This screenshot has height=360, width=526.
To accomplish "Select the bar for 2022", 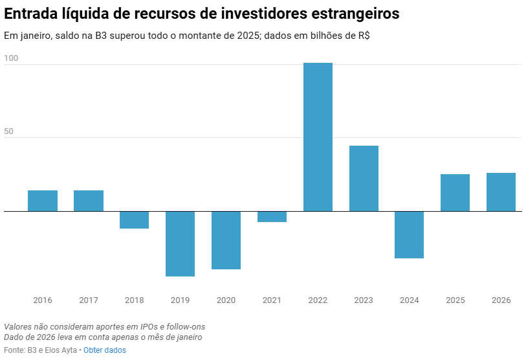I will (318, 137).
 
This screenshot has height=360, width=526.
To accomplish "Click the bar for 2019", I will (180, 243).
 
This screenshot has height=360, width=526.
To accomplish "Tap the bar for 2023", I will (364, 178).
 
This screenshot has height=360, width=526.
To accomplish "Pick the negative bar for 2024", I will (410, 234).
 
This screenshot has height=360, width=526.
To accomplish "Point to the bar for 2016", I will (43, 201).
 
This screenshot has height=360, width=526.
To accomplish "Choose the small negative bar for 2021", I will (272, 217).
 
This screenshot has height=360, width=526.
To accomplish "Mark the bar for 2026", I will (501, 192).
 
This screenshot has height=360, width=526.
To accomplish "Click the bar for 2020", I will (226, 240).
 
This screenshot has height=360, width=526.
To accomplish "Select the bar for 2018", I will (134, 219).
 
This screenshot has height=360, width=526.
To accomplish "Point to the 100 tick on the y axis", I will (11, 58).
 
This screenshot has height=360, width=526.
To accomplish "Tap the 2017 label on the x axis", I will (89, 300).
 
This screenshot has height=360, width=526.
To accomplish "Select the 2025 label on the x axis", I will (455, 300).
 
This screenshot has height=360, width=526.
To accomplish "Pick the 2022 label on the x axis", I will (318, 300).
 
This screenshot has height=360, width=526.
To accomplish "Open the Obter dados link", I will (105, 350).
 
